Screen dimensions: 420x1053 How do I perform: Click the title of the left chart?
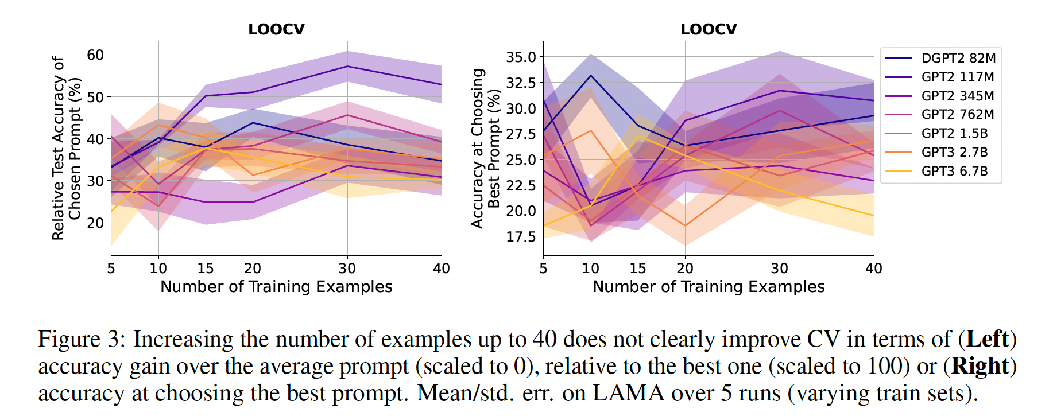pos(276,29)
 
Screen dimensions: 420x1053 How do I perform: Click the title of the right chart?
pos(709,29)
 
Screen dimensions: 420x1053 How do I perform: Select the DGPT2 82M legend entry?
pos(958,58)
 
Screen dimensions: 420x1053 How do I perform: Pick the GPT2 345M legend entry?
pos(958,96)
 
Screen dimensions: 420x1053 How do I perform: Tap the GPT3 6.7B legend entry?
pos(954,171)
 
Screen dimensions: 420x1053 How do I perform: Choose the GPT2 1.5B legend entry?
pos(954,133)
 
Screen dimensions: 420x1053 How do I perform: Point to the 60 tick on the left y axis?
pos(95,55)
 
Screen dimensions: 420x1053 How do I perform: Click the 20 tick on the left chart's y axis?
pos(95,223)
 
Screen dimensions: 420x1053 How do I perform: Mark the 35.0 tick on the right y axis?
pos(521,57)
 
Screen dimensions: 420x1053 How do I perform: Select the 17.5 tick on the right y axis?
pos(521,236)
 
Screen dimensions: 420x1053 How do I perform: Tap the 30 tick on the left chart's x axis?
pos(347,269)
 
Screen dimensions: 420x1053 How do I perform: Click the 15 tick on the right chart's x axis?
pos(637,269)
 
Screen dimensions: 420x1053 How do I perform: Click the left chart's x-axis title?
pos(276,287)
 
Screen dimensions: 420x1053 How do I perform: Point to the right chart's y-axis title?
pos(486,148)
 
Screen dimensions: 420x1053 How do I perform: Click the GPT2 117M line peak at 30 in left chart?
pos(347,67)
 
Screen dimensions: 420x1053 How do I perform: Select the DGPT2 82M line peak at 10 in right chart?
pos(591,76)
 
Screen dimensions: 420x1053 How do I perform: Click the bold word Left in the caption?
pos(987,339)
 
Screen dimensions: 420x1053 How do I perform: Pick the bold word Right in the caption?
pos(980,367)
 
